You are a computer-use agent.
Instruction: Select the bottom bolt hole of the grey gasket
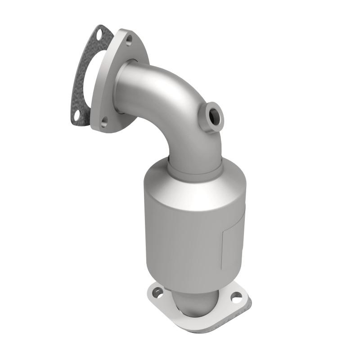pos(80,116)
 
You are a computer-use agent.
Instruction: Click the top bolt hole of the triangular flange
pos(129,40)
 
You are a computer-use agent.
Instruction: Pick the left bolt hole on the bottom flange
pos(159,292)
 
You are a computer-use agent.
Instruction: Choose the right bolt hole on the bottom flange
pos(236,297)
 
